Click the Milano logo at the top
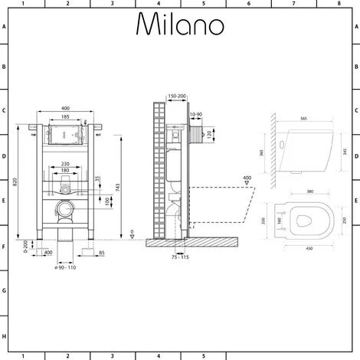(x=180, y=25)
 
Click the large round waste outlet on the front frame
(x=67, y=208)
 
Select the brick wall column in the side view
(x=159, y=169)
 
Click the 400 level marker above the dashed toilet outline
(x=246, y=178)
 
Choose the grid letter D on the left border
(x=4, y=157)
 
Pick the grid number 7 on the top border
(x=293, y=3)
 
